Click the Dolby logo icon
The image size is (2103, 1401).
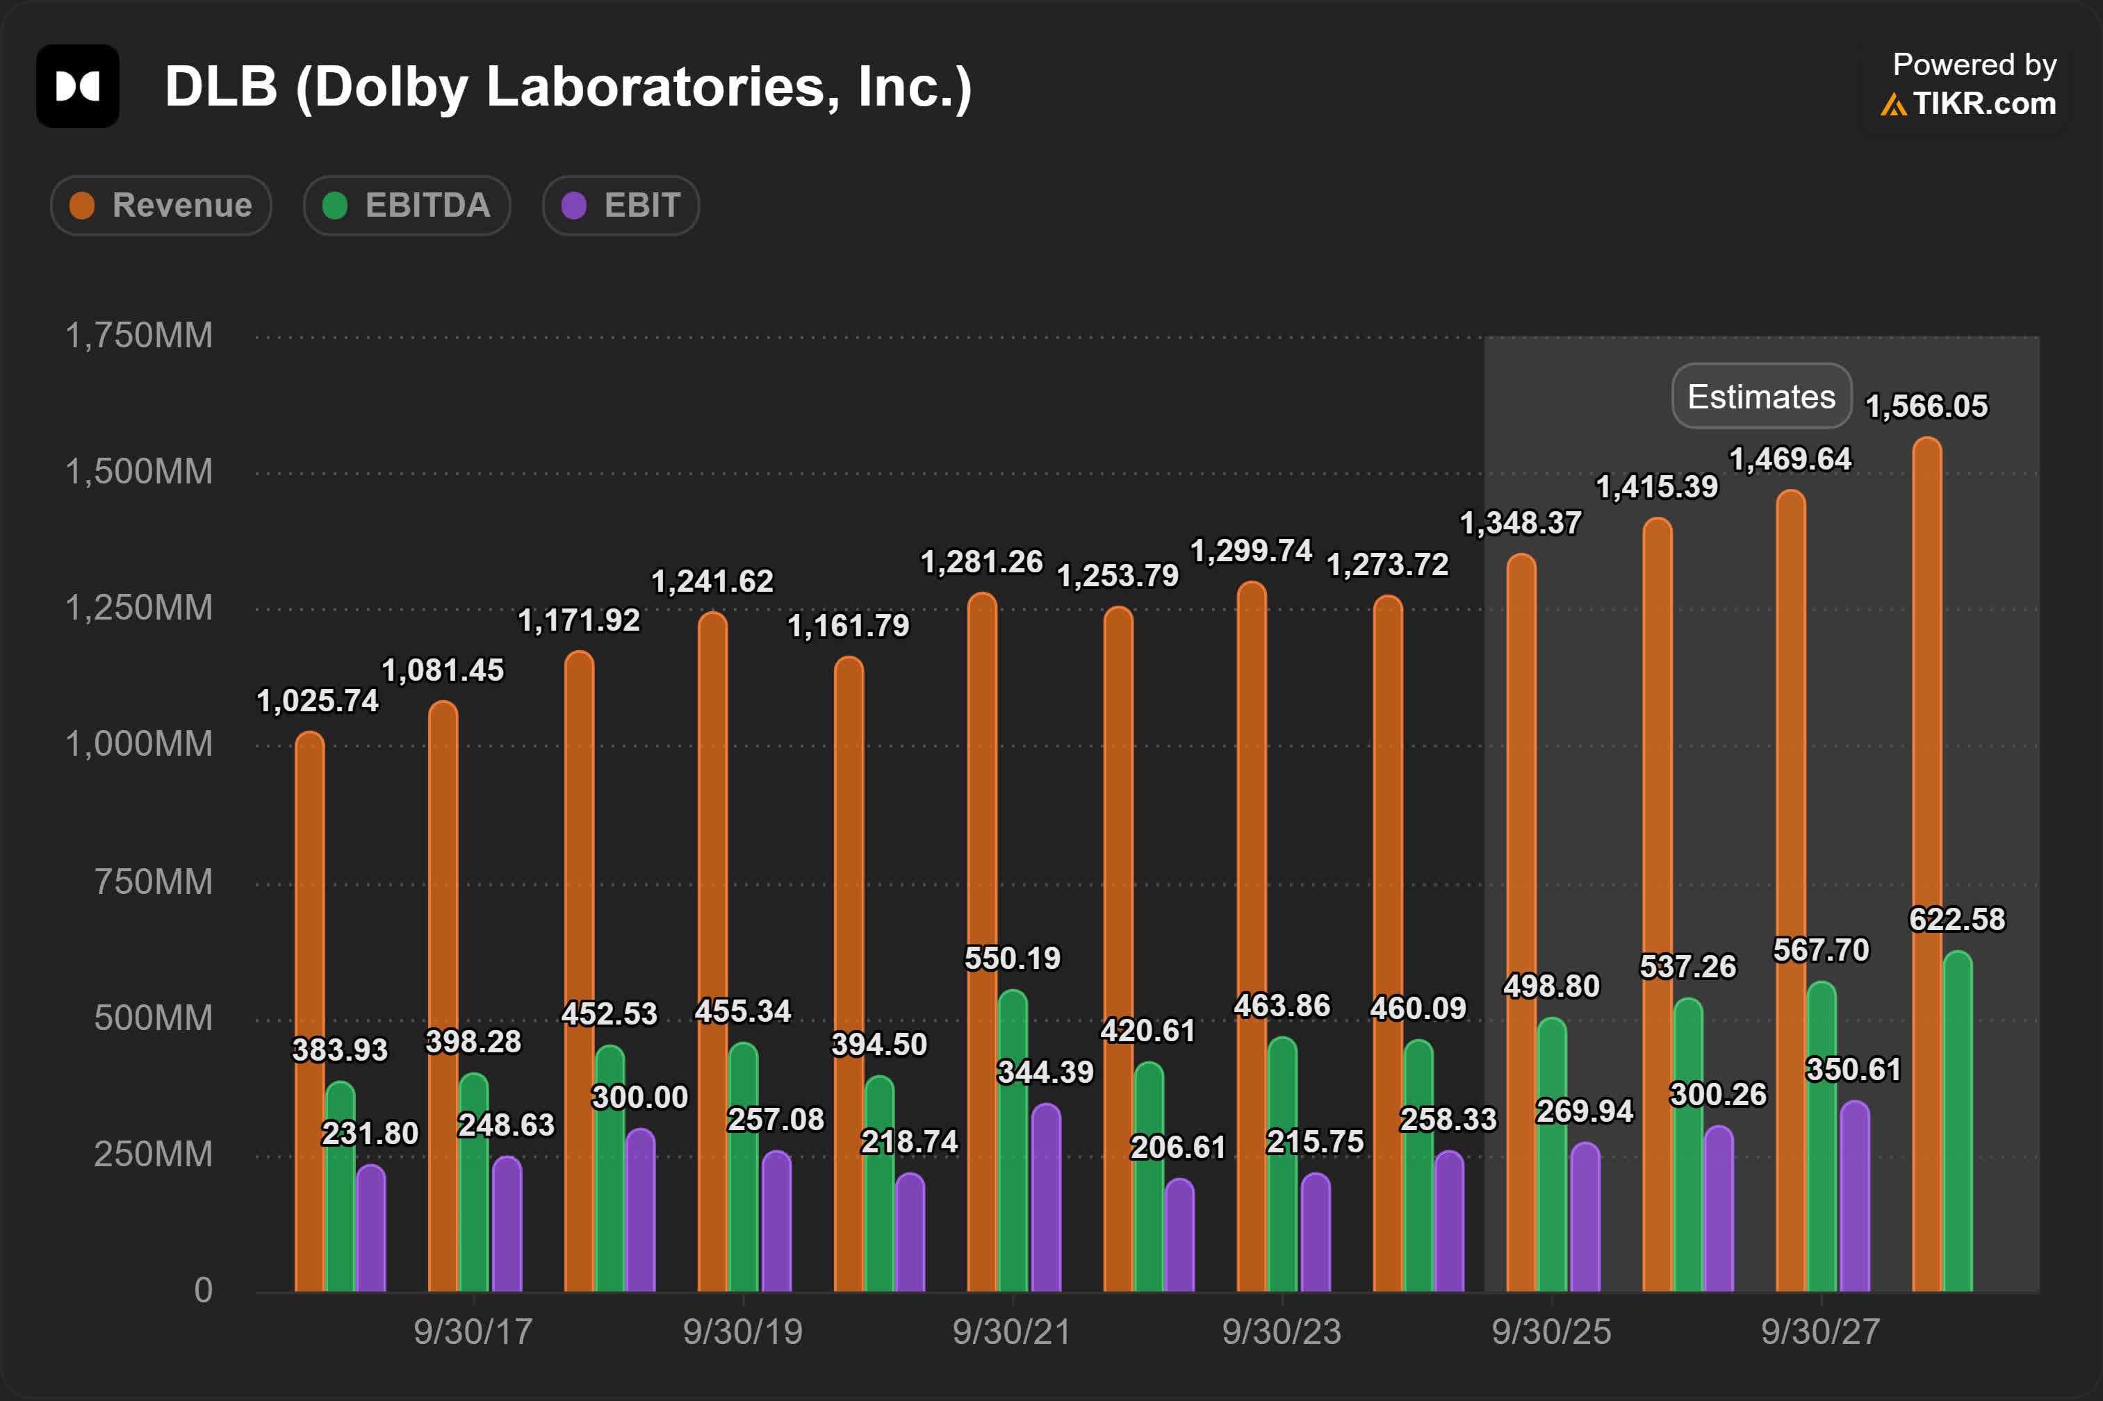(x=78, y=87)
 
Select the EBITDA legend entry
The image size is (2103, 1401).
(x=407, y=206)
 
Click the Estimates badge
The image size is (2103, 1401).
(x=1760, y=396)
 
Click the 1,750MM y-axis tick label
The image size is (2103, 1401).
(x=140, y=336)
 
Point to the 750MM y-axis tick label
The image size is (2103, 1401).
(x=153, y=882)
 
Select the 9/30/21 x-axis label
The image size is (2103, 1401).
(x=1012, y=1332)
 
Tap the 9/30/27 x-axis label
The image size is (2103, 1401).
(x=1819, y=1332)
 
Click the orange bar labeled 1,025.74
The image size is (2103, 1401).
(x=309, y=1010)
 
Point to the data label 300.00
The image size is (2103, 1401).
(x=640, y=1097)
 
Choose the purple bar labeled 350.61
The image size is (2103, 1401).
(x=1854, y=1197)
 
